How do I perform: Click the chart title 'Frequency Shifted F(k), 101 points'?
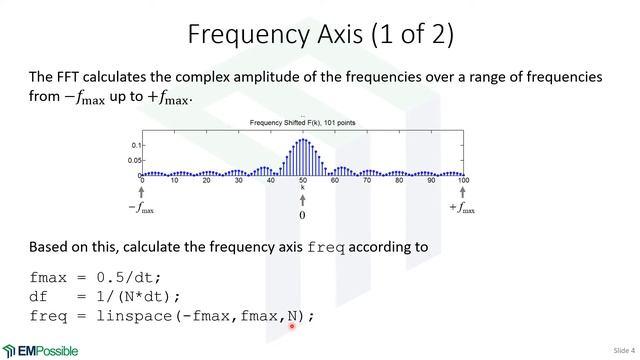pyautogui.click(x=301, y=123)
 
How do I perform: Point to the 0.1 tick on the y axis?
pyautogui.click(x=136, y=146)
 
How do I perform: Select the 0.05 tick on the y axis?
pyautogui.click(x=133, y=160)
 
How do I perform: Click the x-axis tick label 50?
pyautogui.click(x=302, y=181)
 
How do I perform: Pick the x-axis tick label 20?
pyautogui.click(x=206, y=181)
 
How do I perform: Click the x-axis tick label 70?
pyautogui.click(x=366, y=181)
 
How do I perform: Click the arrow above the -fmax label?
pyautogui.click(x=142, y=193)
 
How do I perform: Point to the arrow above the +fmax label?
pyautogui.click(x=462, y=193)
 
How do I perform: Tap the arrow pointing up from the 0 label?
pyautogui.click(x=302, y=200)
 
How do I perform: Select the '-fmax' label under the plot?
pyautogui.click(x=142, y=209)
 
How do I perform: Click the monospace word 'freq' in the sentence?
pyautogui.click(x=326, y=247)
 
